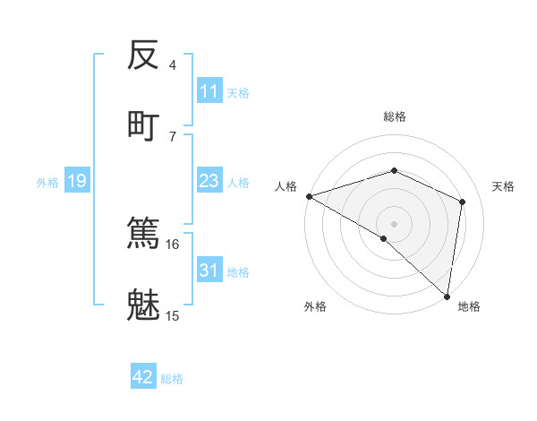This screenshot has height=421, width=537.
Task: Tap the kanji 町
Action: (143, 125)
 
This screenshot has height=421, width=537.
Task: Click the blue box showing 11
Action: (209, 91)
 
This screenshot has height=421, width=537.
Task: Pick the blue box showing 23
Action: (209, 181)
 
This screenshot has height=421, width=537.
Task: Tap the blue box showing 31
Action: (209, 271)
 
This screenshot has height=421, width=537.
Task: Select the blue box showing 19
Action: (76, 181)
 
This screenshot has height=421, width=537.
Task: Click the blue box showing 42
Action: (143, 377)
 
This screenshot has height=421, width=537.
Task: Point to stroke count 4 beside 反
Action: (172, 65)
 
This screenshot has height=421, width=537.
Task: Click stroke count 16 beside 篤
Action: (172, 244)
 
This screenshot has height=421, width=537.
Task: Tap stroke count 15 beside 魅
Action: (172, 315)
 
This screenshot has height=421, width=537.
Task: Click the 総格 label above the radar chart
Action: (394, 116)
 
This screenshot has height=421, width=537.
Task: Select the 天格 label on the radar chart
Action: (503, 186)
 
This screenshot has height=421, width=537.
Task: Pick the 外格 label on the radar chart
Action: (315, 306)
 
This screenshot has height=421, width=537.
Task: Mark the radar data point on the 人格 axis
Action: (308, 196)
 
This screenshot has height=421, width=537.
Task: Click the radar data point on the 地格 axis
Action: (447, 296)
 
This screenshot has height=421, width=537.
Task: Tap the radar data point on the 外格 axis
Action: (384, 238)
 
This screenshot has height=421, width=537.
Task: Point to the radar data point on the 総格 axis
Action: (394, 170)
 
